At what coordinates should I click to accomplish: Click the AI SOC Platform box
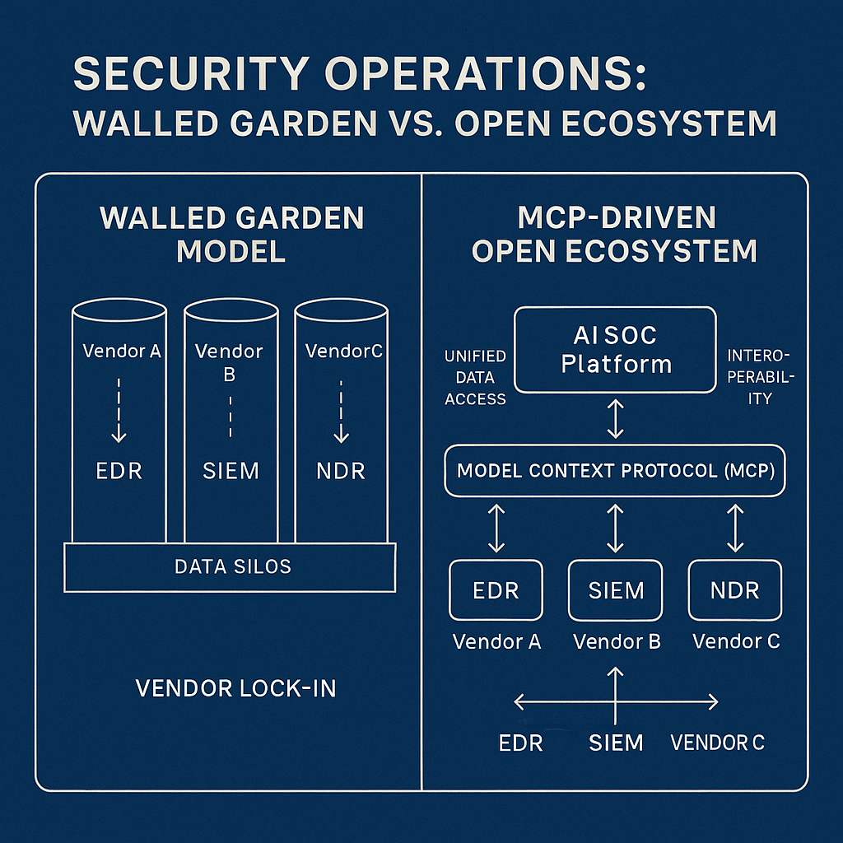tap(615, 350)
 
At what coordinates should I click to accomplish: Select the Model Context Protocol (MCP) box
tap(615, 472)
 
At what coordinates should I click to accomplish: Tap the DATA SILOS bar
tap(230, 566)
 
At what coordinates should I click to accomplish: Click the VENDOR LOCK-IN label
tap(235, 687)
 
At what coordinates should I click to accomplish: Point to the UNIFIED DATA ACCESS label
tap(475, 378)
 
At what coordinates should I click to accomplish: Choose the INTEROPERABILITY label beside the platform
tap(759, 376)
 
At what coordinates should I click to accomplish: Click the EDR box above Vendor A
tap(496, 589)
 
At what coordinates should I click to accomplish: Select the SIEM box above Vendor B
tap(617, 589)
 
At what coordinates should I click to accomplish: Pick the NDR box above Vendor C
tap(735, 589)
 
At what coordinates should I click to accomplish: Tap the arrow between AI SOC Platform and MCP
tap(615, 418)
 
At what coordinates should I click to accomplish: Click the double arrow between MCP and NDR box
tap(735, 528)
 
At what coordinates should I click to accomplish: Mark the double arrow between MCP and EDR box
tap(496, 528)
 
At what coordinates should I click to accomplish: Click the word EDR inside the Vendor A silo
tap(119, 471)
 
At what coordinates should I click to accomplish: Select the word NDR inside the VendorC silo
tap(341, 471)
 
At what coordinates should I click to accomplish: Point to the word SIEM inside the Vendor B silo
tap(230, 471)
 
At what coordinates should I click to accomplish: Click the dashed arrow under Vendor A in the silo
tap(119, 412)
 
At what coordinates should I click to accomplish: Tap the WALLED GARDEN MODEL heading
tap(231, 235)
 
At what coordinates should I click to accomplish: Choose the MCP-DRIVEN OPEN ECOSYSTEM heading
tap(614, 235)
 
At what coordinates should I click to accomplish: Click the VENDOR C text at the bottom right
tap(717, 743)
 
